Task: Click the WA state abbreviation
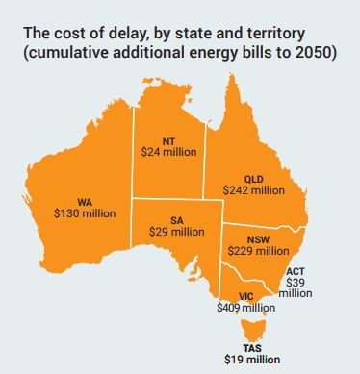point(84,203)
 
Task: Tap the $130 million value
point(84,214)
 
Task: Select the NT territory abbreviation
point(169,141)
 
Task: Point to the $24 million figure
point(169,153)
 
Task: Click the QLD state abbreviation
point(254,179)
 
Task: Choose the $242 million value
point(254,190)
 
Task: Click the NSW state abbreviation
point(257,238)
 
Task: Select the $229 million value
point(257,250)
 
